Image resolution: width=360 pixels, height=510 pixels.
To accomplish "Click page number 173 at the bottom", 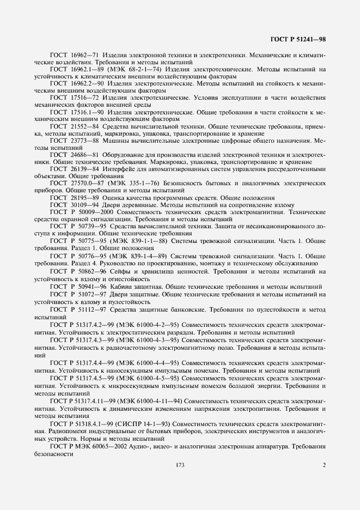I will click(180, 465).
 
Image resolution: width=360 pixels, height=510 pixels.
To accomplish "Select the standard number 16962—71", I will click(87, 56).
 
